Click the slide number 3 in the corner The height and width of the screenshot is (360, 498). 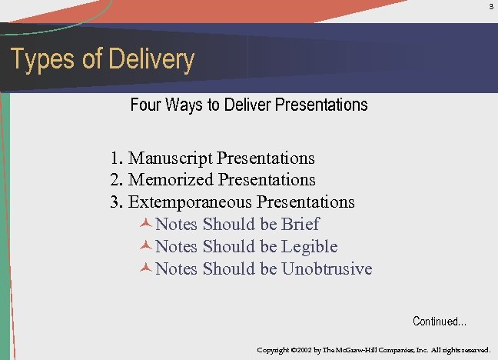click(x=491, y=7)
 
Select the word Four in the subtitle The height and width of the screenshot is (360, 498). click(x=145, y=105)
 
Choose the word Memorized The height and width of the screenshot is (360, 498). click(x=171, y=180)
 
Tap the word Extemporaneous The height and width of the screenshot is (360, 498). click(x=190, y=202)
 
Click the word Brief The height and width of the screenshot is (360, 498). click(x=300, y=225)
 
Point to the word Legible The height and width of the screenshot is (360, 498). click(x=309, y=247)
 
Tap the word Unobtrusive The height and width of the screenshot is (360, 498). click(x=327, y=269)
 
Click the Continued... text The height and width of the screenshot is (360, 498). click(x=440, y=322)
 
